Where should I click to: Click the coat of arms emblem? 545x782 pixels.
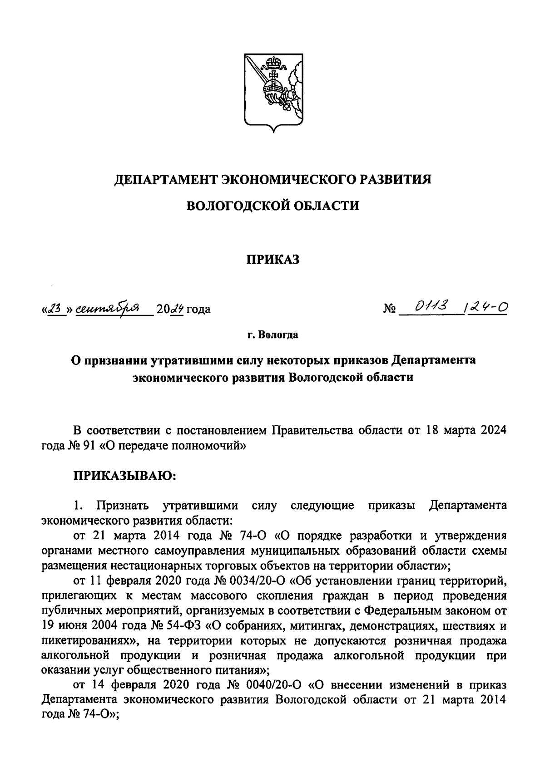click(272, 93)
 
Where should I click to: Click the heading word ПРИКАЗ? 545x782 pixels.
click(273, 260)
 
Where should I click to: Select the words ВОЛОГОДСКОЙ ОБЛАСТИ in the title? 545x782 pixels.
click(273, 206)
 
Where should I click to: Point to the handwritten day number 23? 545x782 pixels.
click(54, 309)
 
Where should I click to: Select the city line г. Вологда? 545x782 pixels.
click(273, 335)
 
